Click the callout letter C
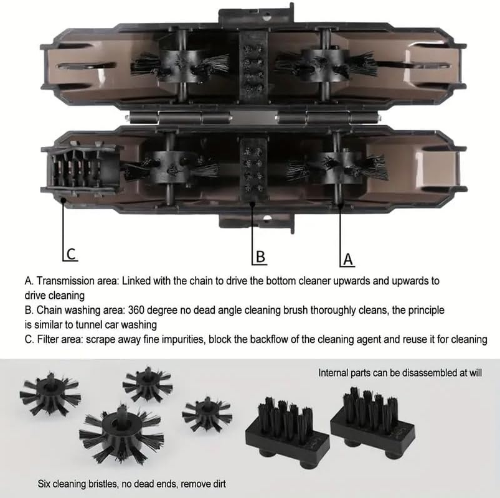[x=72, y=254]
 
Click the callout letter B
[x=260, y=256]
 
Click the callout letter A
[x=348, y=259]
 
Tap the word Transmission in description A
[x=77, y=281]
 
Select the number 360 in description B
[x=136, y=310]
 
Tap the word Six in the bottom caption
[x=44, y=484]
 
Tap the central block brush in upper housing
[x=253, y=68]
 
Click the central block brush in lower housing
[x=253, y=171]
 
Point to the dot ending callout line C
[x=64, y=200]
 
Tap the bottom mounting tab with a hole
[x=257, y=222]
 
